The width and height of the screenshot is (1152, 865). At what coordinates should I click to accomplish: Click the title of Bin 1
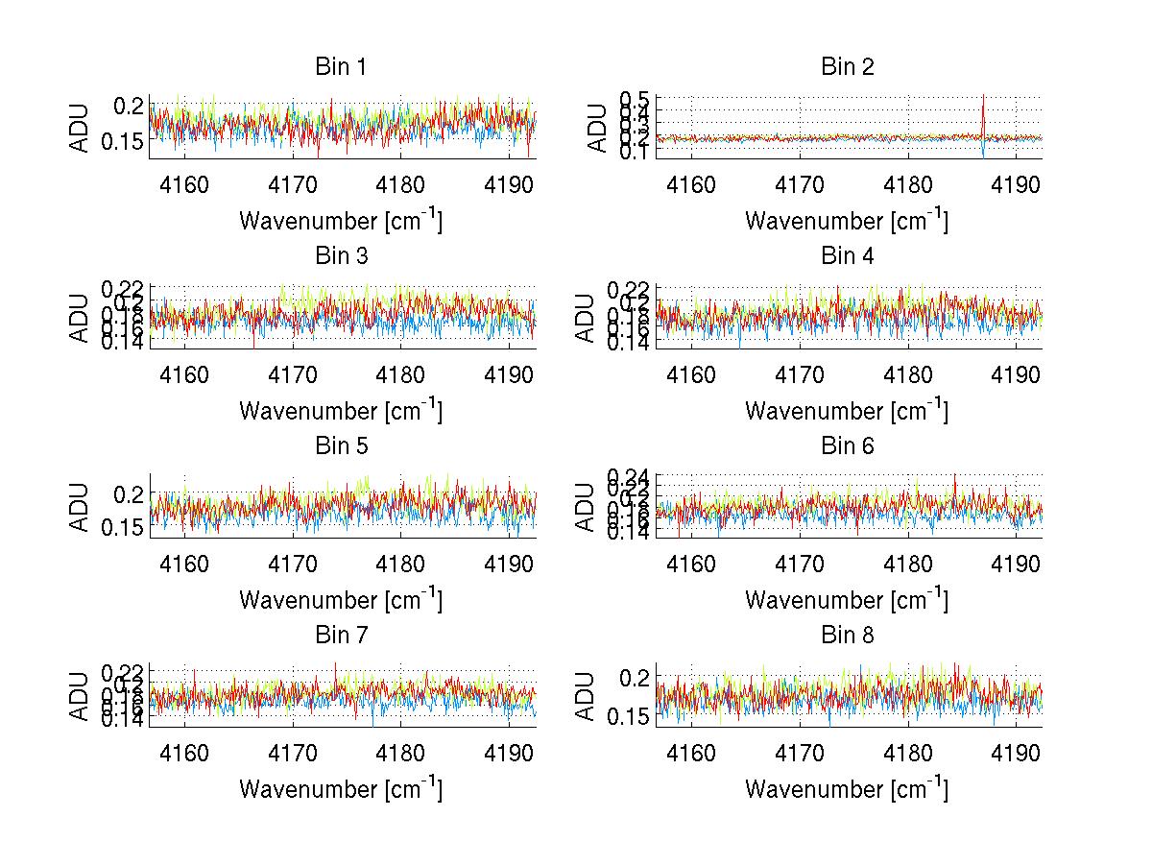pos(341,67)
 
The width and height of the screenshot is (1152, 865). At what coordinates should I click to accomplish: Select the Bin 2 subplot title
pos(847,67)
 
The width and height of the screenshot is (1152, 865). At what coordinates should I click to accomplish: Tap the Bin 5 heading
pos(341,446)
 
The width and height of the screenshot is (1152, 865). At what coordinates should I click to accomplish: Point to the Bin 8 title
pos(847,636)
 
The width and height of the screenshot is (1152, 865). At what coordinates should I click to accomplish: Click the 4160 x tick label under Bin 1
pos(184,184)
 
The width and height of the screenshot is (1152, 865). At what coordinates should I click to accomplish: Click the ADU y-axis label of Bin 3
pos(81,317)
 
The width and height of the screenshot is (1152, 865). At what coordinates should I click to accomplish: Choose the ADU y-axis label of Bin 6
pos(587,506)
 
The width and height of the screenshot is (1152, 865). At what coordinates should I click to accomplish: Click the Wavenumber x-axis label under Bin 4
pos(847,410)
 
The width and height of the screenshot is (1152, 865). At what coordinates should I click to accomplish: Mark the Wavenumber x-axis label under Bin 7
pos(341,788)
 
